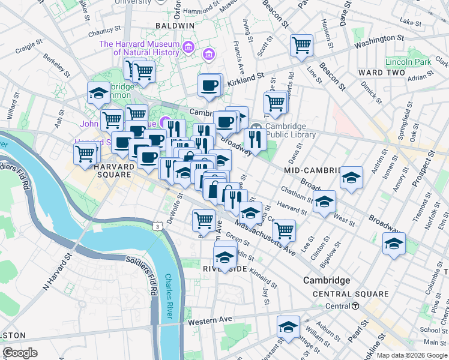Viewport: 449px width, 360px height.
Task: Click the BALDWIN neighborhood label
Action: point(175,26)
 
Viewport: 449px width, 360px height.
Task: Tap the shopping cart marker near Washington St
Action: point(301,46)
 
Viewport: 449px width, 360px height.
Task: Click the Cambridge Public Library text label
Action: point(286,130)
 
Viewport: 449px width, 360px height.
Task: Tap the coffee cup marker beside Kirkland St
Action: point(209,86)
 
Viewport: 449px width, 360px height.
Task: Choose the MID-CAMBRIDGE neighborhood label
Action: point(312,170)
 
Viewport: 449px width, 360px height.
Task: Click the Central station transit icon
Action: point(355,305)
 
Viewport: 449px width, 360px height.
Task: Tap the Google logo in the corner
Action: point(20,353)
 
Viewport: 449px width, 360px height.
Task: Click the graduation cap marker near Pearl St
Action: point(289,328)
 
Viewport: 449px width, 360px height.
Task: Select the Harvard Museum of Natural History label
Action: point(139,48)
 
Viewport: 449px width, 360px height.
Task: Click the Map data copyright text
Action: point(412,355)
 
